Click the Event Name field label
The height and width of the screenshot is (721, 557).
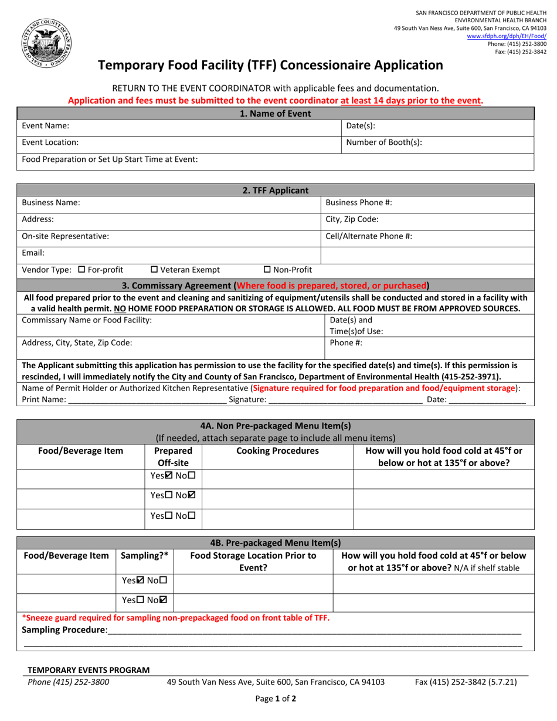(x=45, y=126)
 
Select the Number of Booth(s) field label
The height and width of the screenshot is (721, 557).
(x=384, y=142)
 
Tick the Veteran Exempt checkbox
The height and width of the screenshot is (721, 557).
(x=154, y=270)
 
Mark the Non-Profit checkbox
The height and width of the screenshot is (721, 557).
(x=267, y=270)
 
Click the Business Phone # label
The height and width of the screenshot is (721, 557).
(x=359, y=202)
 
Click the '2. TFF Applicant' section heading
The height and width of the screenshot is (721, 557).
(x=276, y=190)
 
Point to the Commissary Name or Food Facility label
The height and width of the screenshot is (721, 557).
(x=87, y=320)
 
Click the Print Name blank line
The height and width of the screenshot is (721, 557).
(x=147, y=400)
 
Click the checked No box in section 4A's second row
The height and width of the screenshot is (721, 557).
(x=192, y=498)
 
